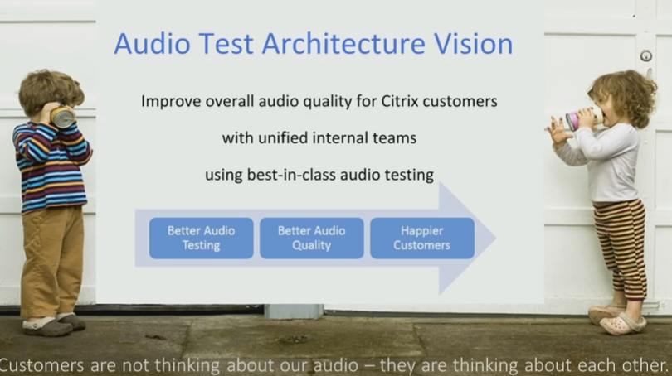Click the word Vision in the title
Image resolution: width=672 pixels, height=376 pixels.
click(x=473, y=44)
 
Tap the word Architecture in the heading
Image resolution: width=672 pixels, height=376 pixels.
click(x=343, y=44)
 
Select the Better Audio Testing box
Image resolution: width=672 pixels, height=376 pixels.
click(x=201, y=239)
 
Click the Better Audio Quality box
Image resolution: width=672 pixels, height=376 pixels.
click(x=312, y=239)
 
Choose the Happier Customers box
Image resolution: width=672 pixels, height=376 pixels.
click(x=422, y=239)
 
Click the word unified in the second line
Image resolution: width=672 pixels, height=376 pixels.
click(x=282, y=138)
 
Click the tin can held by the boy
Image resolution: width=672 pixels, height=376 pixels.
click(x=62, y=118)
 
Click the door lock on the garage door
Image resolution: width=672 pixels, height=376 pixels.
click(x=645, y=55)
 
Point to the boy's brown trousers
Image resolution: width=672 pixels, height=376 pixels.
click(x=51, y=262)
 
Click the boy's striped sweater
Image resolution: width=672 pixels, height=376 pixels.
click(x=51, y=166)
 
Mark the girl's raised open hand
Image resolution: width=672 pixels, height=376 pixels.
click(x=558, y=131)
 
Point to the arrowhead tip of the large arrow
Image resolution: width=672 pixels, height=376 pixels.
click(x=496, y=239)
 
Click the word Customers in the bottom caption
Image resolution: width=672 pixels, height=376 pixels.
click(x=41, y=366)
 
